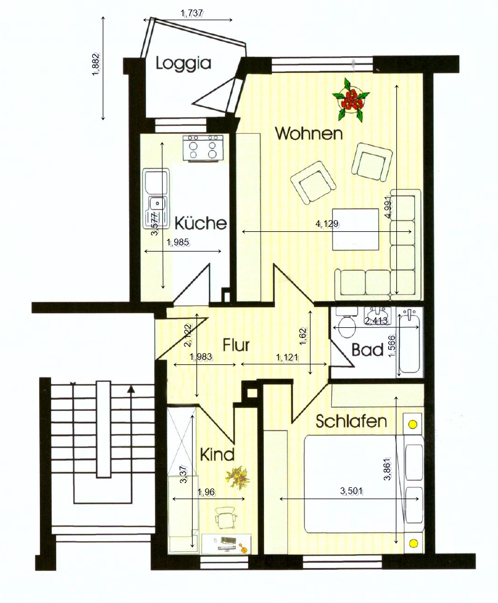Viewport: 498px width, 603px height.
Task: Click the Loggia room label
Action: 184,63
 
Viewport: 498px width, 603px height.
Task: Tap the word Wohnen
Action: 309,134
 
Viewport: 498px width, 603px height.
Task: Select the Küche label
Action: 201,223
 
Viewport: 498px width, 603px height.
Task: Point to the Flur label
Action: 236,345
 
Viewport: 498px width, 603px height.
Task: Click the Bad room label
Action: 368,350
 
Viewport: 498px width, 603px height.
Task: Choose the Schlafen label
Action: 351,421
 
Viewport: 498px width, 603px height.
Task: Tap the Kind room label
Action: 217,455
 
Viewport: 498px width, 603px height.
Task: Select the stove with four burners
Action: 203,148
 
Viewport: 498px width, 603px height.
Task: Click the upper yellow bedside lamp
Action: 412,424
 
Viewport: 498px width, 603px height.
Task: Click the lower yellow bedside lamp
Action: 413,543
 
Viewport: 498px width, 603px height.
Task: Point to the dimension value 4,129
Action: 327,223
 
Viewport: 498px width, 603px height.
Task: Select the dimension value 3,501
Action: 352,491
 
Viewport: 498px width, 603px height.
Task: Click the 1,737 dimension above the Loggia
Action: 191,14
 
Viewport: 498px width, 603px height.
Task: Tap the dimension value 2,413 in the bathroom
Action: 376,321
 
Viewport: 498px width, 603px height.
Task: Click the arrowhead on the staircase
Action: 131,389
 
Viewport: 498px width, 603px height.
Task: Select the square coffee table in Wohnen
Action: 355,230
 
